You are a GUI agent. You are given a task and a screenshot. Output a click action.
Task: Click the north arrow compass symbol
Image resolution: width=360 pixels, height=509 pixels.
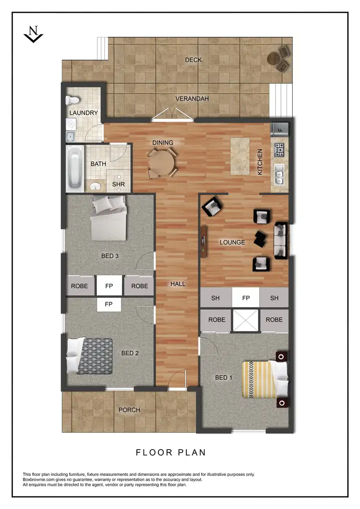(x=33, y=34)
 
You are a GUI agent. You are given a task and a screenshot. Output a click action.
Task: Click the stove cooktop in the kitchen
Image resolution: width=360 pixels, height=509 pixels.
(x=279, y=149)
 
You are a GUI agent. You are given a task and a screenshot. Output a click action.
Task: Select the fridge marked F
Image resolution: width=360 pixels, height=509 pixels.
(x=279, y=129)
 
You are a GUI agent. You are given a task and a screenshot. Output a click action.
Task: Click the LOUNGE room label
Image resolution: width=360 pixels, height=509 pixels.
(x=232, y=242)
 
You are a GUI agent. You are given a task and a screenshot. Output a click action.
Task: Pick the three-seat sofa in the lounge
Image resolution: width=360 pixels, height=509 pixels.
(x=280, y=240)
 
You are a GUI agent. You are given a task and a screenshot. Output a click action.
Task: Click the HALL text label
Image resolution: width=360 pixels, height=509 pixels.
(x=178, y=284)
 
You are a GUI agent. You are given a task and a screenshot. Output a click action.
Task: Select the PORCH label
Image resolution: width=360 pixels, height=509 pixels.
(x=129, y=410)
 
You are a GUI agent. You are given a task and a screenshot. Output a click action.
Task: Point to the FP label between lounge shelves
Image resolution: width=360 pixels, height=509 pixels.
(x=246, y=298)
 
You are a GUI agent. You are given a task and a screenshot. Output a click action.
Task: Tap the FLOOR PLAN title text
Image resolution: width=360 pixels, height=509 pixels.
(x=170, y=452)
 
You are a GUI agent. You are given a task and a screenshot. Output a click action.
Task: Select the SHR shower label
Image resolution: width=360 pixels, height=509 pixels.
(x=118, y=184)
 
